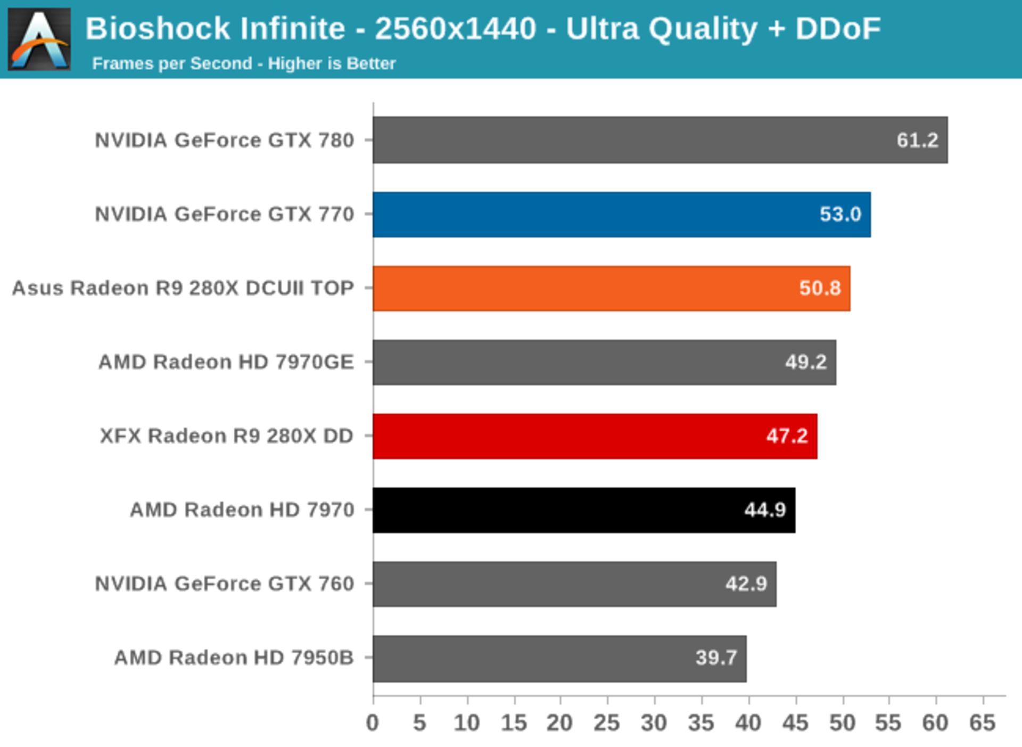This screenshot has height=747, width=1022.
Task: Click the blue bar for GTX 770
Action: pyautogui.click(x=621, y=215)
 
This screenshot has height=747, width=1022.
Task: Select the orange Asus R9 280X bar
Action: pyautogui.click(x=611, y=288)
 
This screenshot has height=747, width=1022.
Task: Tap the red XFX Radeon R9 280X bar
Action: pyautogui.click(x=595, y=436)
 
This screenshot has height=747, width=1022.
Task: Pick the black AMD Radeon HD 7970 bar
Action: pyautogui.click(x=584, y=510)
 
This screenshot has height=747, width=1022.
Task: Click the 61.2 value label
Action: pyautogui.click(x=917, y=141)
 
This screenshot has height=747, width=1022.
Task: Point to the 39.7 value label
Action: pyautogui.click(x=716, y=658)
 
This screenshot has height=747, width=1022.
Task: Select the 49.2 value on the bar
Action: pyautogui.click(x=805, y=362)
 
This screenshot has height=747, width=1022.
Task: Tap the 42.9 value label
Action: pyautogui.click(x=746, y=584)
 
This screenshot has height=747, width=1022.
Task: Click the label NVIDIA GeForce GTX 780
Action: pyautogui.click(x=224, y=141)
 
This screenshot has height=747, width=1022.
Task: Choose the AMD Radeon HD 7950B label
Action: pyautogui.click(x=234, y=658)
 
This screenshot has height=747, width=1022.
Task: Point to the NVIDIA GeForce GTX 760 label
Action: pyautogui.click(x=224, y=584)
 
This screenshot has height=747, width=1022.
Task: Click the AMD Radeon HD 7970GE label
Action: pyautogui.click(x=226, y=362)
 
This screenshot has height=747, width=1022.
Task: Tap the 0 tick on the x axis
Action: pyautogui.click(x=373, y=723)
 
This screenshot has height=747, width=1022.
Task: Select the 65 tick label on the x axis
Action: pyautogui.click(x=982, y=723)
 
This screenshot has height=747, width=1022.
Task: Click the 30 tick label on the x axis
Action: pyautogui.click(x=654, y=723)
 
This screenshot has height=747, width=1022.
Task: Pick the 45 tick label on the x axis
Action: pyautogui.click(x=795, y=723)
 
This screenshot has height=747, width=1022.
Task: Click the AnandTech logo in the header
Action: pyautogui.click(x=39, y=39)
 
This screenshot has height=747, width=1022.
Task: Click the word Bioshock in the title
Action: pyautogui.click(x=158, y=28)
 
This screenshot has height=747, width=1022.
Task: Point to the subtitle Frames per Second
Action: pyautogui.click(x=172, y=63)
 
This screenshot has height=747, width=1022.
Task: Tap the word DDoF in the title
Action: pyautogui.click(x=838, y=28)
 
